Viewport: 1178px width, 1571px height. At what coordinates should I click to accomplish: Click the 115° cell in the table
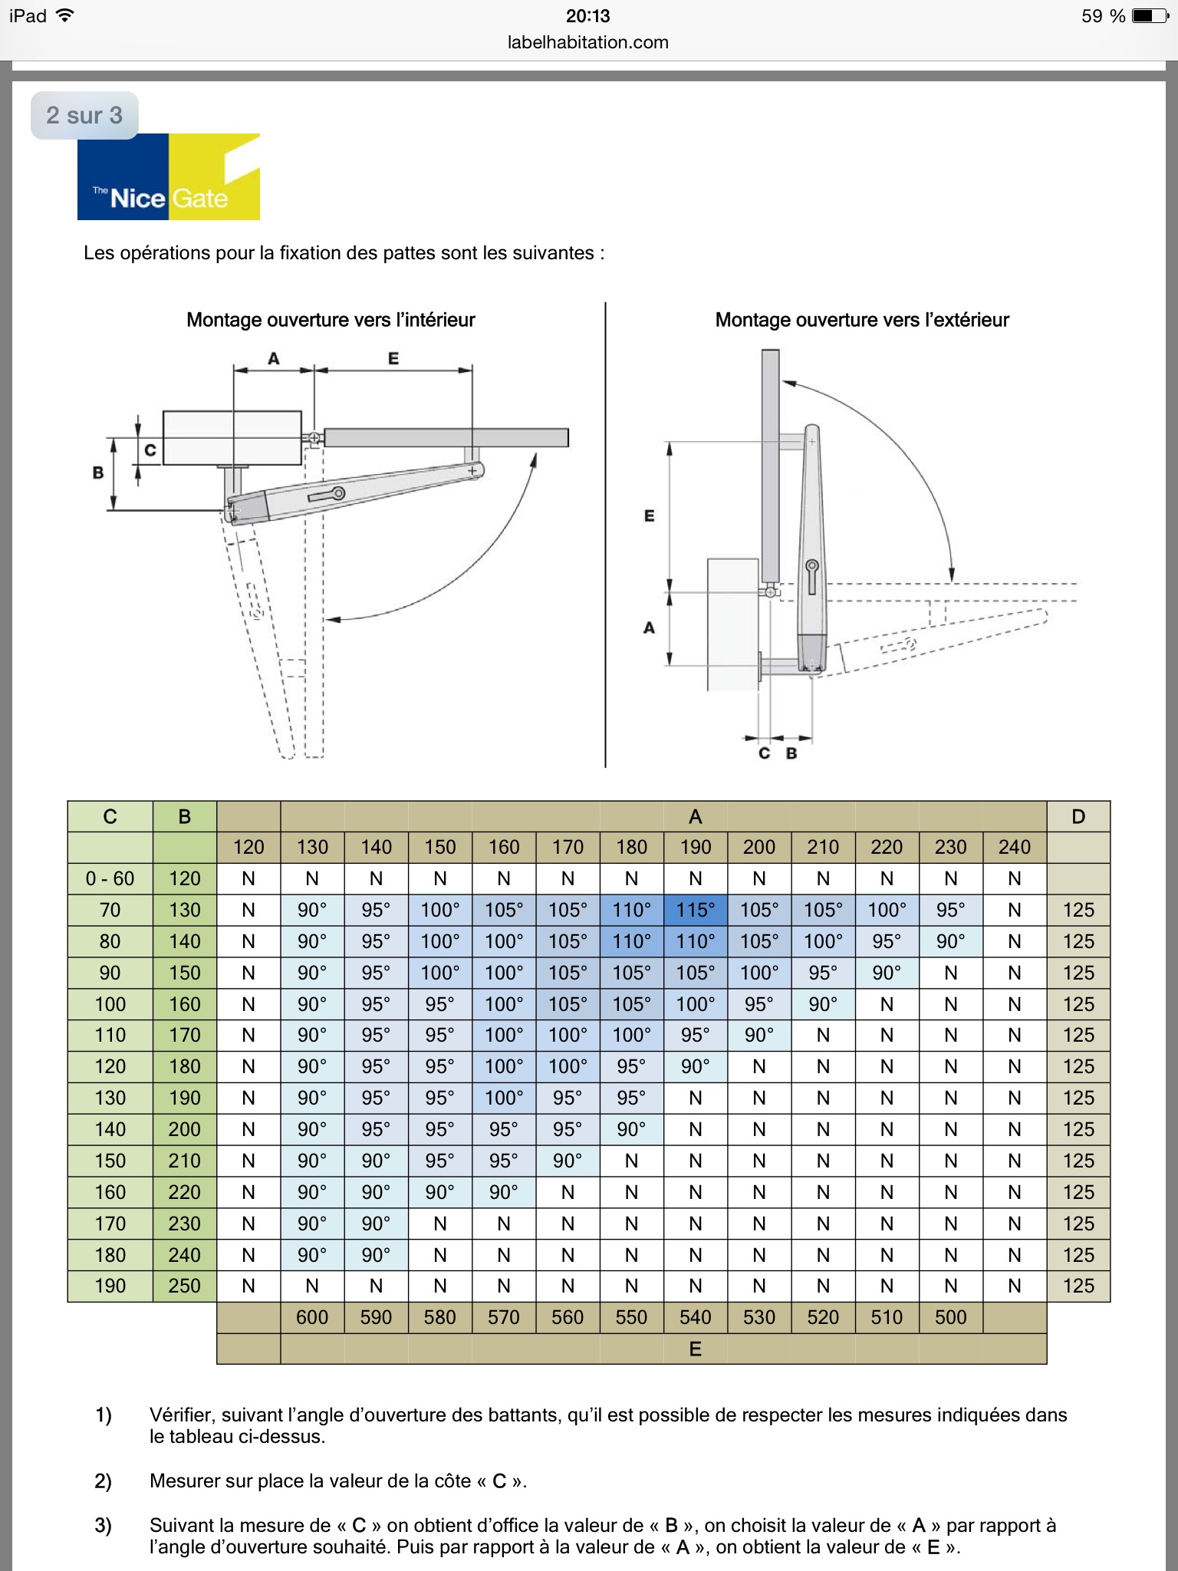pos(695,910)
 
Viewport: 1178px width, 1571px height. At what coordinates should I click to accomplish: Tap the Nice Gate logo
pos(169,178)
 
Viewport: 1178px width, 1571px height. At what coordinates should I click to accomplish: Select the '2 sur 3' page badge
pos(84,115)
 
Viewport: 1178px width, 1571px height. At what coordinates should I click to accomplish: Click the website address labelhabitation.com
pos(588,43)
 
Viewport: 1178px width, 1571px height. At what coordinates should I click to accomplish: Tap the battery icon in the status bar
pos(1150,16)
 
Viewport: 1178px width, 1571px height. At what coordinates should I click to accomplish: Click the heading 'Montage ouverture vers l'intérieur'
pos(331,320)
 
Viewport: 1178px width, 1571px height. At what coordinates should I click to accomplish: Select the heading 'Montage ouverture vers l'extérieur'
pos(862,320)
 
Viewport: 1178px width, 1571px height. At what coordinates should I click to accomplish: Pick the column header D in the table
pos(1078,816)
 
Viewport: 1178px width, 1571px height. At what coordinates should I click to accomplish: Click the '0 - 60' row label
pos(110,878)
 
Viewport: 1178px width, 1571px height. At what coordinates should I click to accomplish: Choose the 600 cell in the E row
pos(312,1317)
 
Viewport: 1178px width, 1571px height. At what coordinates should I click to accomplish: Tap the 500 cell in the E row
pos(950,1317)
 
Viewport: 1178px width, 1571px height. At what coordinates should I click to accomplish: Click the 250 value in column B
pos(184,1286)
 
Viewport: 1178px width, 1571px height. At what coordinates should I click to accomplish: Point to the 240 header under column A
pos(1014,847)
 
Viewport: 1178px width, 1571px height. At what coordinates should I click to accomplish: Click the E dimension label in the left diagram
pos(393,358)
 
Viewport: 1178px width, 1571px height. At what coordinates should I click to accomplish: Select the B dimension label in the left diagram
pos(98,473)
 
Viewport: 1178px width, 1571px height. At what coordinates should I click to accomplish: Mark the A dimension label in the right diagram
pos(649,627)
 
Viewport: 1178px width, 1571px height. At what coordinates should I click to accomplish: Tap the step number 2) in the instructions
pos(103,1480)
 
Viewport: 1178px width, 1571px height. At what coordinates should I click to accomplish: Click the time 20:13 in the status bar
pos(588,16)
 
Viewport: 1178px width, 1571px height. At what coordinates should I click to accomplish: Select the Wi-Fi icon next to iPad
pos(65,15)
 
